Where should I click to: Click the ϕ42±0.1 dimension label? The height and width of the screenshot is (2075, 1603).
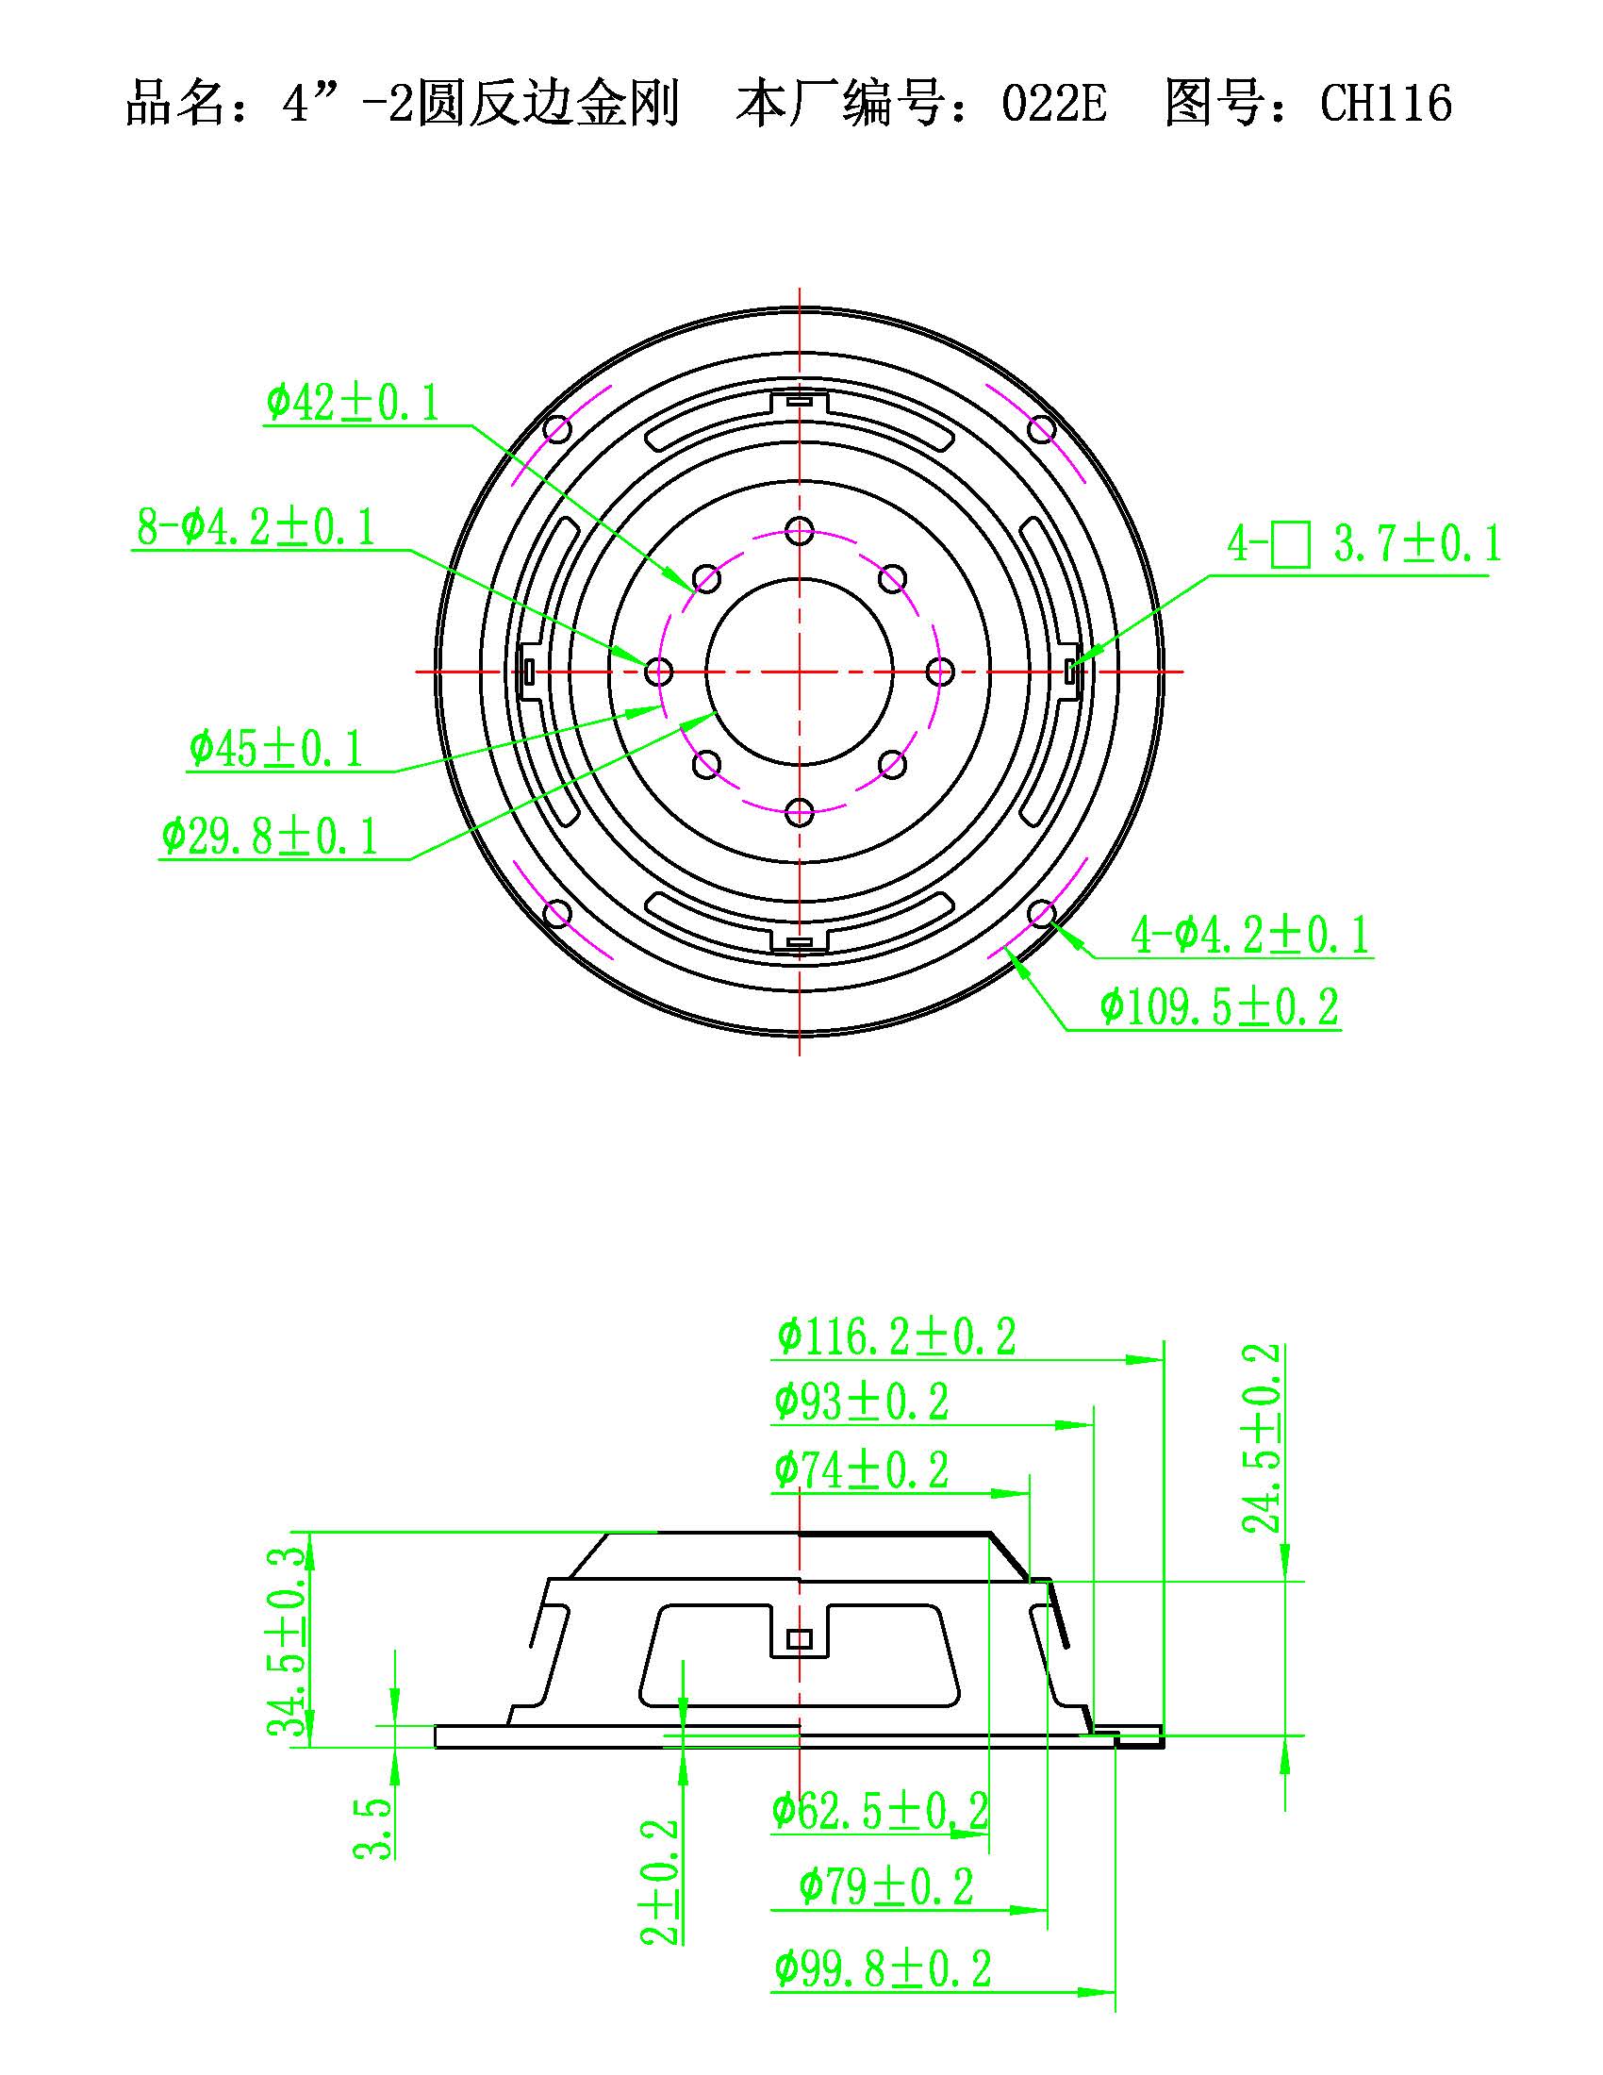[x=354, y=403]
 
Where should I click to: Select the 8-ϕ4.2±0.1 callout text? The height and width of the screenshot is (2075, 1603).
[x=256, y=527]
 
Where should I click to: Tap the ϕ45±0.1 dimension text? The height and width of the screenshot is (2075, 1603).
[x=276, y=749]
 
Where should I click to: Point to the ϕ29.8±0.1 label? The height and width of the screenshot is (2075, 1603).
[x=270, y=836]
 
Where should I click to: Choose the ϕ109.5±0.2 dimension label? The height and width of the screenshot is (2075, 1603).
[x=1219, y=1006]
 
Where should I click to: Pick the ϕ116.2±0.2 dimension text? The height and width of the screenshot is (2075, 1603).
[x=897, y=1336]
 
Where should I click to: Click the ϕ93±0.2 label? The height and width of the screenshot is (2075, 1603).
[x=861, y=1402]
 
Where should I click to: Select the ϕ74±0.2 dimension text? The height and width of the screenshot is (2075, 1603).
[x=861, y=1469]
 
